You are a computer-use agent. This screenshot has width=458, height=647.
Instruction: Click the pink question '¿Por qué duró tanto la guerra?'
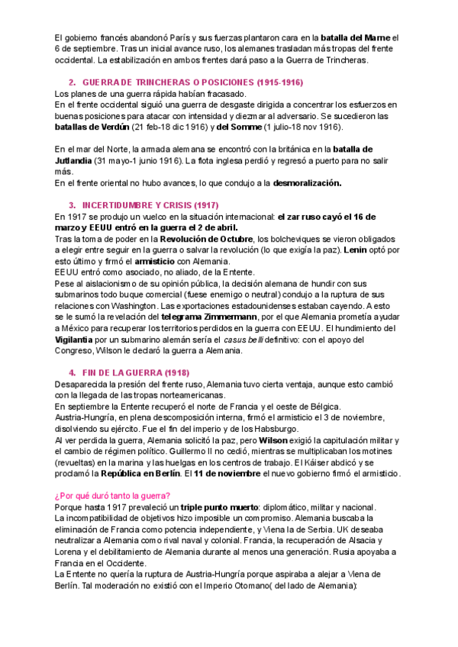[x=113, y=496]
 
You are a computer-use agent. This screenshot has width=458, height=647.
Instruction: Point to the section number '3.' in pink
[x=73, y=205]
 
